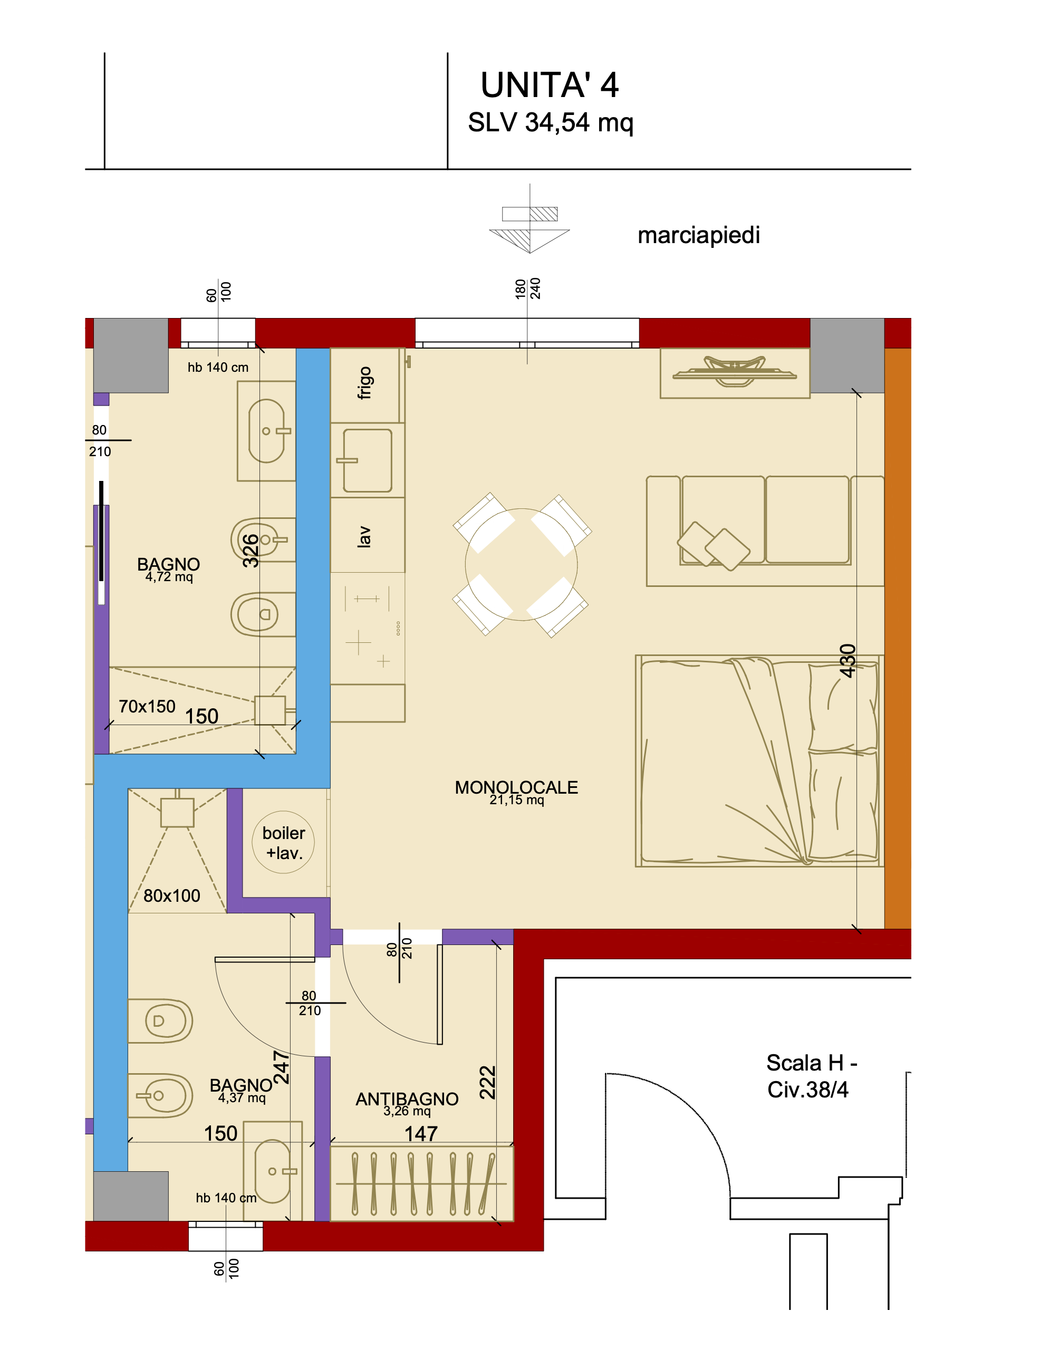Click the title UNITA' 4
(x=549, y=85)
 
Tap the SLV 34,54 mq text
(x=550, y=122)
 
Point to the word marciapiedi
(x=698, y=235)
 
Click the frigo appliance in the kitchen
(x=367, y=385)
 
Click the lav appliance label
(x=364, y=536)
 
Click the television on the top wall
(x=734, y=372)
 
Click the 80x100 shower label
(x=172, y=896)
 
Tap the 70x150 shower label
(x=147, y=707)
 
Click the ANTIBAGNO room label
(x=407, y=1100)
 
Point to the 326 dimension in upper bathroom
(x=251, y=551)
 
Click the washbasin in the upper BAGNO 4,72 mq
(x=267, y=431)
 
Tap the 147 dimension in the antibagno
(x=421, y=1134)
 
